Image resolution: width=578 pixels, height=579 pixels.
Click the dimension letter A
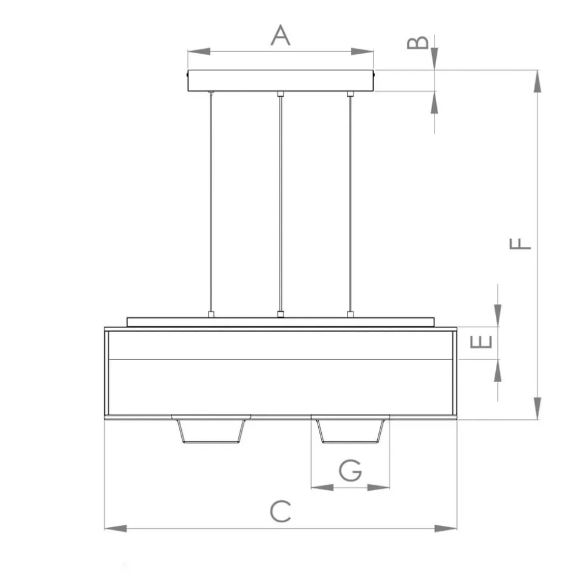(280, 35)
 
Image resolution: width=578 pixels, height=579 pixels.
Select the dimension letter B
(418, 42)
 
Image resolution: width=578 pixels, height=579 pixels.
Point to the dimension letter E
(481, 342)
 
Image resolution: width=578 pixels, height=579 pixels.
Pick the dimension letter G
(350, 471)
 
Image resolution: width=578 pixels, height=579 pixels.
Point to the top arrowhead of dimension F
(537, 81)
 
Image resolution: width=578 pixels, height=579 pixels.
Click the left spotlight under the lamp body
(211, 430)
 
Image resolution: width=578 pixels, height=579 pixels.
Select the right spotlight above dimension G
(350, 430)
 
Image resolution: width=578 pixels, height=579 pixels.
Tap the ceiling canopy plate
(280, 80)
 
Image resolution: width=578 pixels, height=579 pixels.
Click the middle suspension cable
(280, 203)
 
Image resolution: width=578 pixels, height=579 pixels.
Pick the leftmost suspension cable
(210, 203)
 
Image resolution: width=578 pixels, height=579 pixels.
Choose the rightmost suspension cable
(350, 203)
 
